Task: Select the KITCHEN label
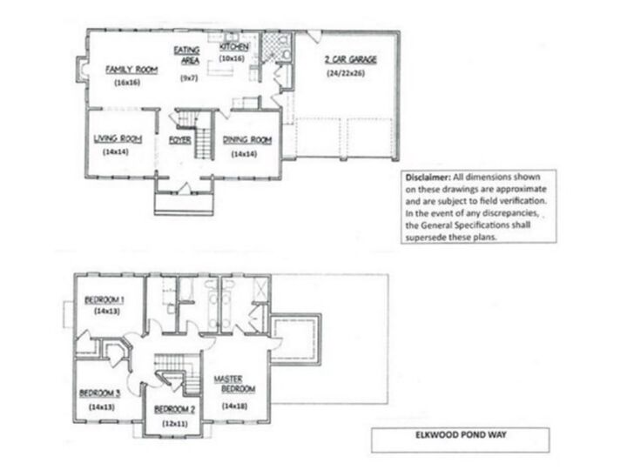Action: (x=234, y=46)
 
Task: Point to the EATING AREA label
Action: (x=186, y=56)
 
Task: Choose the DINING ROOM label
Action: (x=248, y=139)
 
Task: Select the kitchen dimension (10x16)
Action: (x=234, y=57)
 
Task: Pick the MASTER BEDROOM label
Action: (x=233, y=384)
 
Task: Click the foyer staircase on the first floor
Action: (x=202, y=135)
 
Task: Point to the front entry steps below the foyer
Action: (x=182, y=204)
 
